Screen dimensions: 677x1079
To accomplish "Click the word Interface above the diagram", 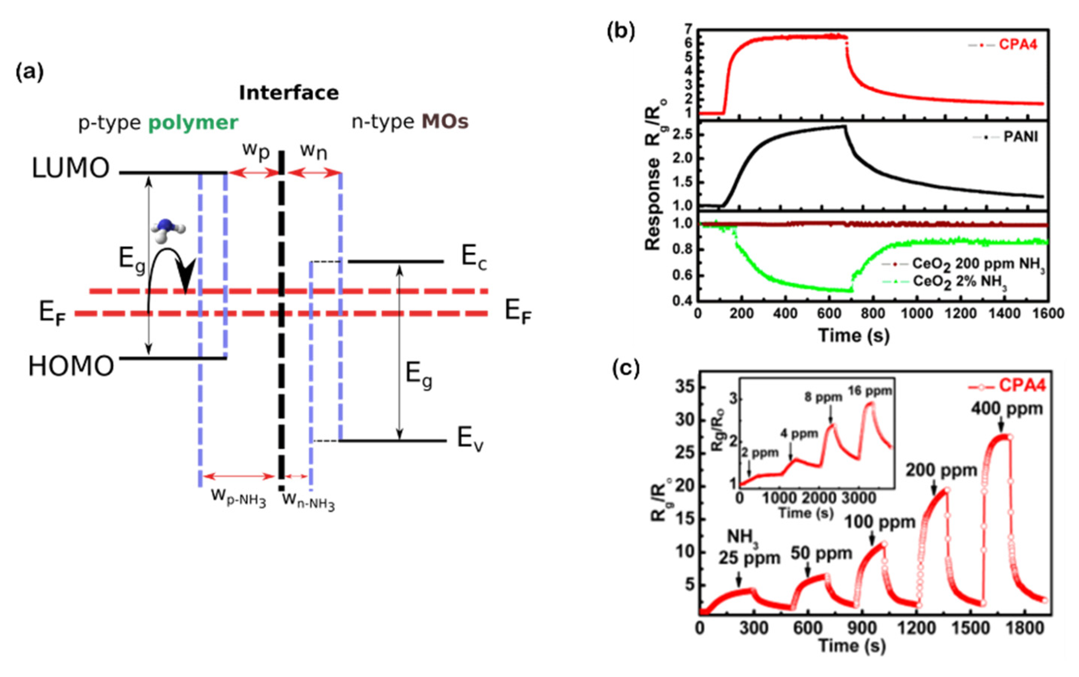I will click(289, 93).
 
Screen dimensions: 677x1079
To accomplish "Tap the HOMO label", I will click(71, 366).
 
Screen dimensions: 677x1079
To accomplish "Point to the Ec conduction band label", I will click(474, 258).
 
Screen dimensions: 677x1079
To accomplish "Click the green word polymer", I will click(193, 123).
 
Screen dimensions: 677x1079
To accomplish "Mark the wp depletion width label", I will click(256, 151).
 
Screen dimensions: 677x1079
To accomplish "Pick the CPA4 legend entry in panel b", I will click(1018, 45).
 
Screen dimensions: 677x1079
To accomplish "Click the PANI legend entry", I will click(1020, 137).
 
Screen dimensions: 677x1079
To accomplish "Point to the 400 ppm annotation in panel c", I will click(1006, 409).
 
